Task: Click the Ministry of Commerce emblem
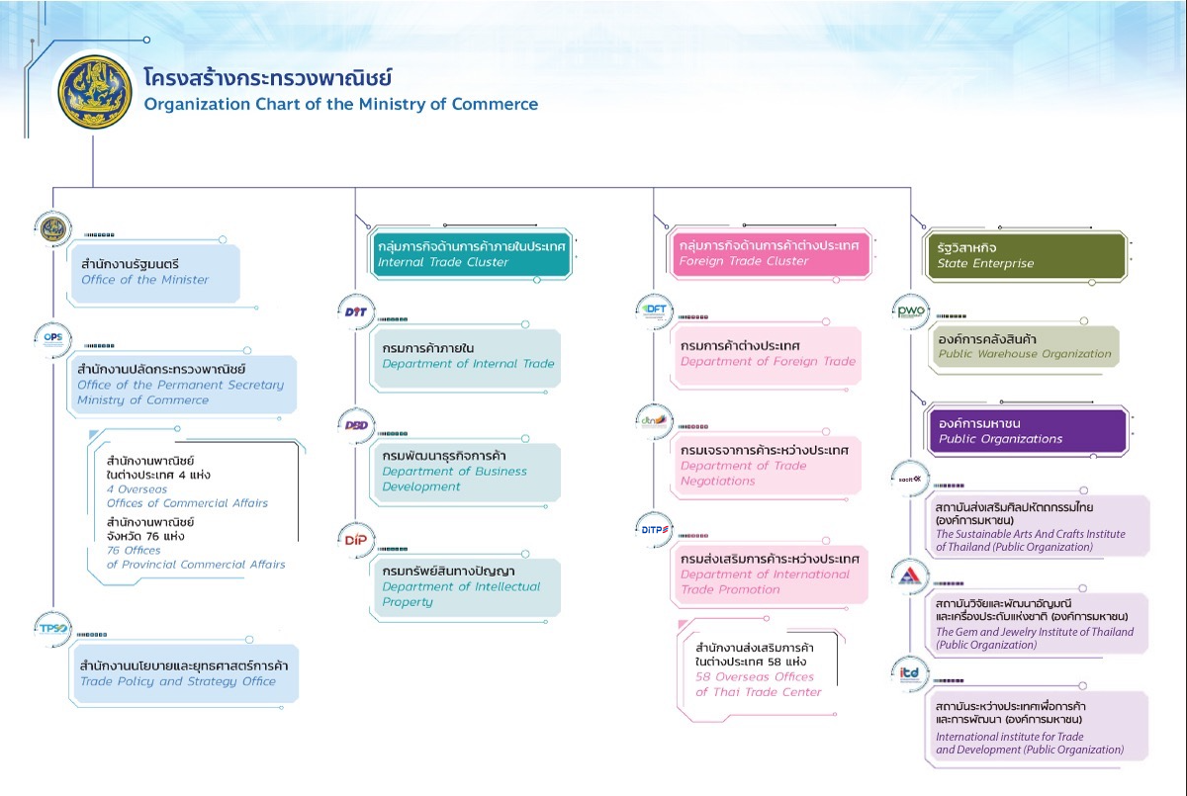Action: click(94, 91)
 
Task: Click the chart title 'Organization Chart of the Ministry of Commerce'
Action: click(341, 104)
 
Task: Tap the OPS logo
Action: click(52, 337)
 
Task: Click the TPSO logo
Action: click(52, 628)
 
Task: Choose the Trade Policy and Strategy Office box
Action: click(184, 673)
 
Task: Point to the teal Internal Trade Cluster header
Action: click(471, 253)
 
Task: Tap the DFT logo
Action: click(655, 310)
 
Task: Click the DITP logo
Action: click(655, 529)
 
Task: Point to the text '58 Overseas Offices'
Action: click(754, 676)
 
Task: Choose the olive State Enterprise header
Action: click(1025, 255)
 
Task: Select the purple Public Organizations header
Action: click(1027, 431)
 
